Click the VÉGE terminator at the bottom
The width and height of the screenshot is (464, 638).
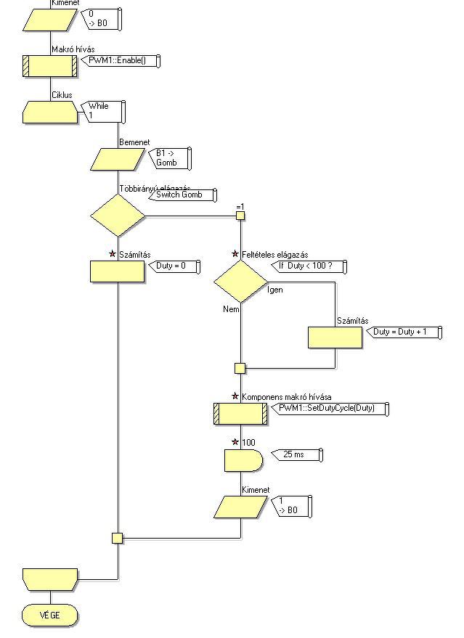point(50,615)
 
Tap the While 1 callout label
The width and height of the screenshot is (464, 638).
point(104,111)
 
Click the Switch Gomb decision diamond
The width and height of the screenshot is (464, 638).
point(118,216)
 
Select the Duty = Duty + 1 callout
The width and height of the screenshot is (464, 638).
point(399,332)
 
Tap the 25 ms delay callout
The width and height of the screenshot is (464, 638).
point(296,455)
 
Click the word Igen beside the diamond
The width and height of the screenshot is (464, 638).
point(276,290)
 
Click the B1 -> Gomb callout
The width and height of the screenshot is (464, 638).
point(170,158)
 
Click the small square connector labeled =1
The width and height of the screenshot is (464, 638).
point(240,216)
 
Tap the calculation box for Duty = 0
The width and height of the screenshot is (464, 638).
point(117,271)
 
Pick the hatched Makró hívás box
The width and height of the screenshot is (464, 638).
point(50,66)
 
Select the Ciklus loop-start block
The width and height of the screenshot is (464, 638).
point(50,113)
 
